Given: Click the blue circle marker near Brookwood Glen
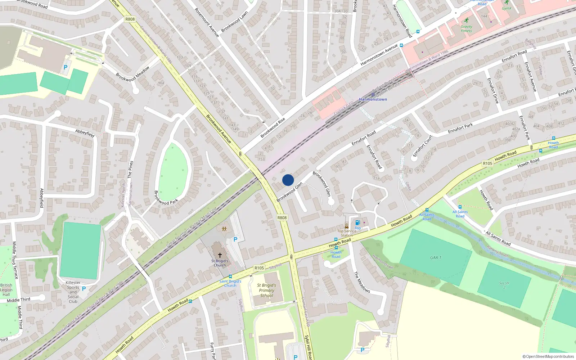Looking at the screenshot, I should [x=288, y=180].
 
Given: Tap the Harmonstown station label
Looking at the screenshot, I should [x=373, y=99].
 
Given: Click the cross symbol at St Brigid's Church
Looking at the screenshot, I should [x=220, y=255].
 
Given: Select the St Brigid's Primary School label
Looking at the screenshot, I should [x=266, y=291].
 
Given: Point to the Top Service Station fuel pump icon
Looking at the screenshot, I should [x=357, y=223].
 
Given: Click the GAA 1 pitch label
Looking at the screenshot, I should [x=436, y=258].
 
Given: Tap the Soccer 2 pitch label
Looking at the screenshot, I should [x=504, y=285].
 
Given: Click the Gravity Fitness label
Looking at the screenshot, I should [x=467, y=29].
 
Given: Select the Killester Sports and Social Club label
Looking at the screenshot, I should [x=73, y=292].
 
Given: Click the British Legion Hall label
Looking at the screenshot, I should [x=6, y=290].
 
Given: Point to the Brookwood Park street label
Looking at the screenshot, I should [x=166, y=198].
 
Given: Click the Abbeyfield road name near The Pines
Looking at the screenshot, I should [x=85, y=133].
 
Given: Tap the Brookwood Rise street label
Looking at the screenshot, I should [x=273, y=128].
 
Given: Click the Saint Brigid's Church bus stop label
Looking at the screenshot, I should [x=230, y=283].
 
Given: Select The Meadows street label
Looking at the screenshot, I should [x=362, y=282].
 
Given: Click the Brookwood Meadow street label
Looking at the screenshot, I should [x=132, y=74].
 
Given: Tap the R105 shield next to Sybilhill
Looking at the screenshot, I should [x=259, y=268].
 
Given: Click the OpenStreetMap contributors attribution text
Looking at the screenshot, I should [x=548, y=356].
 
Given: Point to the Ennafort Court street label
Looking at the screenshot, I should [x=422, y=146].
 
